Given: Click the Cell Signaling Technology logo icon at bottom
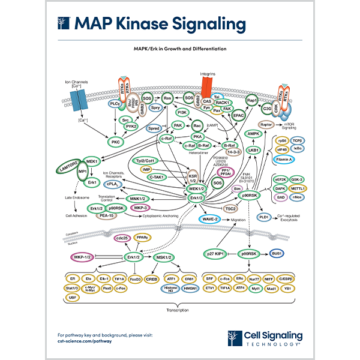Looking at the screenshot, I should (235, 338).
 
